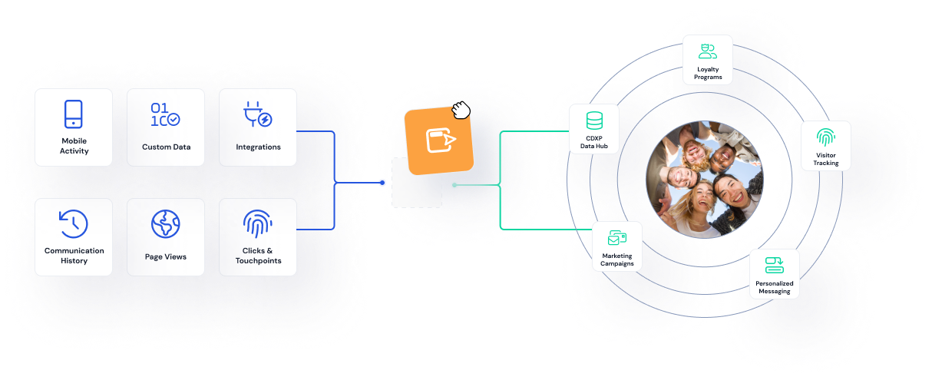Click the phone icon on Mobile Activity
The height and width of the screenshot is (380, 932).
click(73, 114)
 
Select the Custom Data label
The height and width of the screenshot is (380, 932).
click(166, 147)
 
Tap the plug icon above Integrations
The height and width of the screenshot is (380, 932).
click(257, 115)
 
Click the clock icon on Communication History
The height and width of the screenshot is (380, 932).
click(74, 223)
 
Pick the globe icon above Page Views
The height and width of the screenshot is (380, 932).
click(166, 224)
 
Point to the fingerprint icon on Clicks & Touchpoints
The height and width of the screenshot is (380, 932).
click(257, 223)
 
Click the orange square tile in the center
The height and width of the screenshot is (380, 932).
click(439, 140)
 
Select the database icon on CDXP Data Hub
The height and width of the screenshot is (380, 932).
click(594, 121)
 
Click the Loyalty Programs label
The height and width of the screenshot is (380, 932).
click(708, 73)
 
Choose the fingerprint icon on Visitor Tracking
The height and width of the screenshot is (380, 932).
click(826, 137)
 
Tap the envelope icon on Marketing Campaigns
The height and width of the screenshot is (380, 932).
click(617, 238)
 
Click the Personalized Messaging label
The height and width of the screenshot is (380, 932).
click(774, 287)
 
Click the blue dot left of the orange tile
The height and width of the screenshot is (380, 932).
click(382, 183)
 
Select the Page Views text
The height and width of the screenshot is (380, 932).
click(166, 256)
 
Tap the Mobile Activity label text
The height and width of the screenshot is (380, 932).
click(74, 146)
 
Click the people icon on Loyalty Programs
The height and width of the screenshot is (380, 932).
click(708, 51)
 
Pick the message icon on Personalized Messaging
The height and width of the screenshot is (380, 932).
click(774, 265)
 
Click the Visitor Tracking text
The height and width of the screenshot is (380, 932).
click(826, 159)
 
